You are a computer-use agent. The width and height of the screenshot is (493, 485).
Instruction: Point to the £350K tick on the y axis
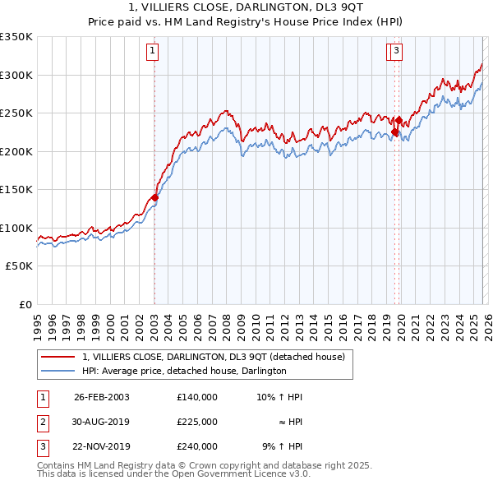(16, 37)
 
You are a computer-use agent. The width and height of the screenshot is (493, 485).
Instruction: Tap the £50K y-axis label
(20, 266)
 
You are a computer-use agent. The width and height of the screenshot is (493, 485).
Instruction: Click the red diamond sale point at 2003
(154, 197)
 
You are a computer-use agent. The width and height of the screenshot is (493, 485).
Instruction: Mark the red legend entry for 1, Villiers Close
(218, 357)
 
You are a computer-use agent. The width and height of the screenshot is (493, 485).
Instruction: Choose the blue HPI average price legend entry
(184, 372)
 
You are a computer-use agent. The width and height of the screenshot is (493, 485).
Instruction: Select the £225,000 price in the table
(197, 422)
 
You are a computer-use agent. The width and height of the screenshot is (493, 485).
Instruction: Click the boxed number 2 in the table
(42, 422)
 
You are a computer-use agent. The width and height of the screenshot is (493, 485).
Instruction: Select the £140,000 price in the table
(197, 398)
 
